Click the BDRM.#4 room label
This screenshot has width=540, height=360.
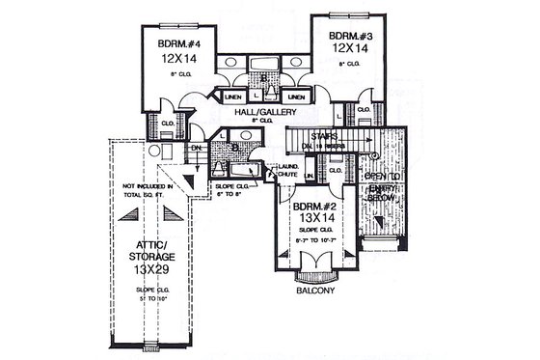177,43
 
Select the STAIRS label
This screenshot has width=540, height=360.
324,137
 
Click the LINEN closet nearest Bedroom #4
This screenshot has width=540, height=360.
232,97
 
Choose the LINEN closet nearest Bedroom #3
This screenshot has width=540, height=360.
297,97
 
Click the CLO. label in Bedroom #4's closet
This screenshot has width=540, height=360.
166,123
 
